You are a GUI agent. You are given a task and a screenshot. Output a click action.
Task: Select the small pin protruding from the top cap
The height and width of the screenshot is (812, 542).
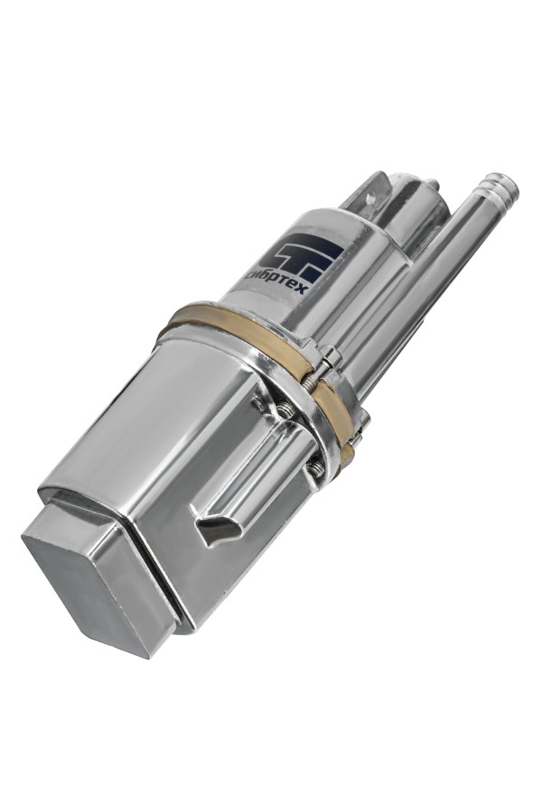point(432,184)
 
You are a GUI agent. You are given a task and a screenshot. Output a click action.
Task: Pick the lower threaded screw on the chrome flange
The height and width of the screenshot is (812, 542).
point(315,467)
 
